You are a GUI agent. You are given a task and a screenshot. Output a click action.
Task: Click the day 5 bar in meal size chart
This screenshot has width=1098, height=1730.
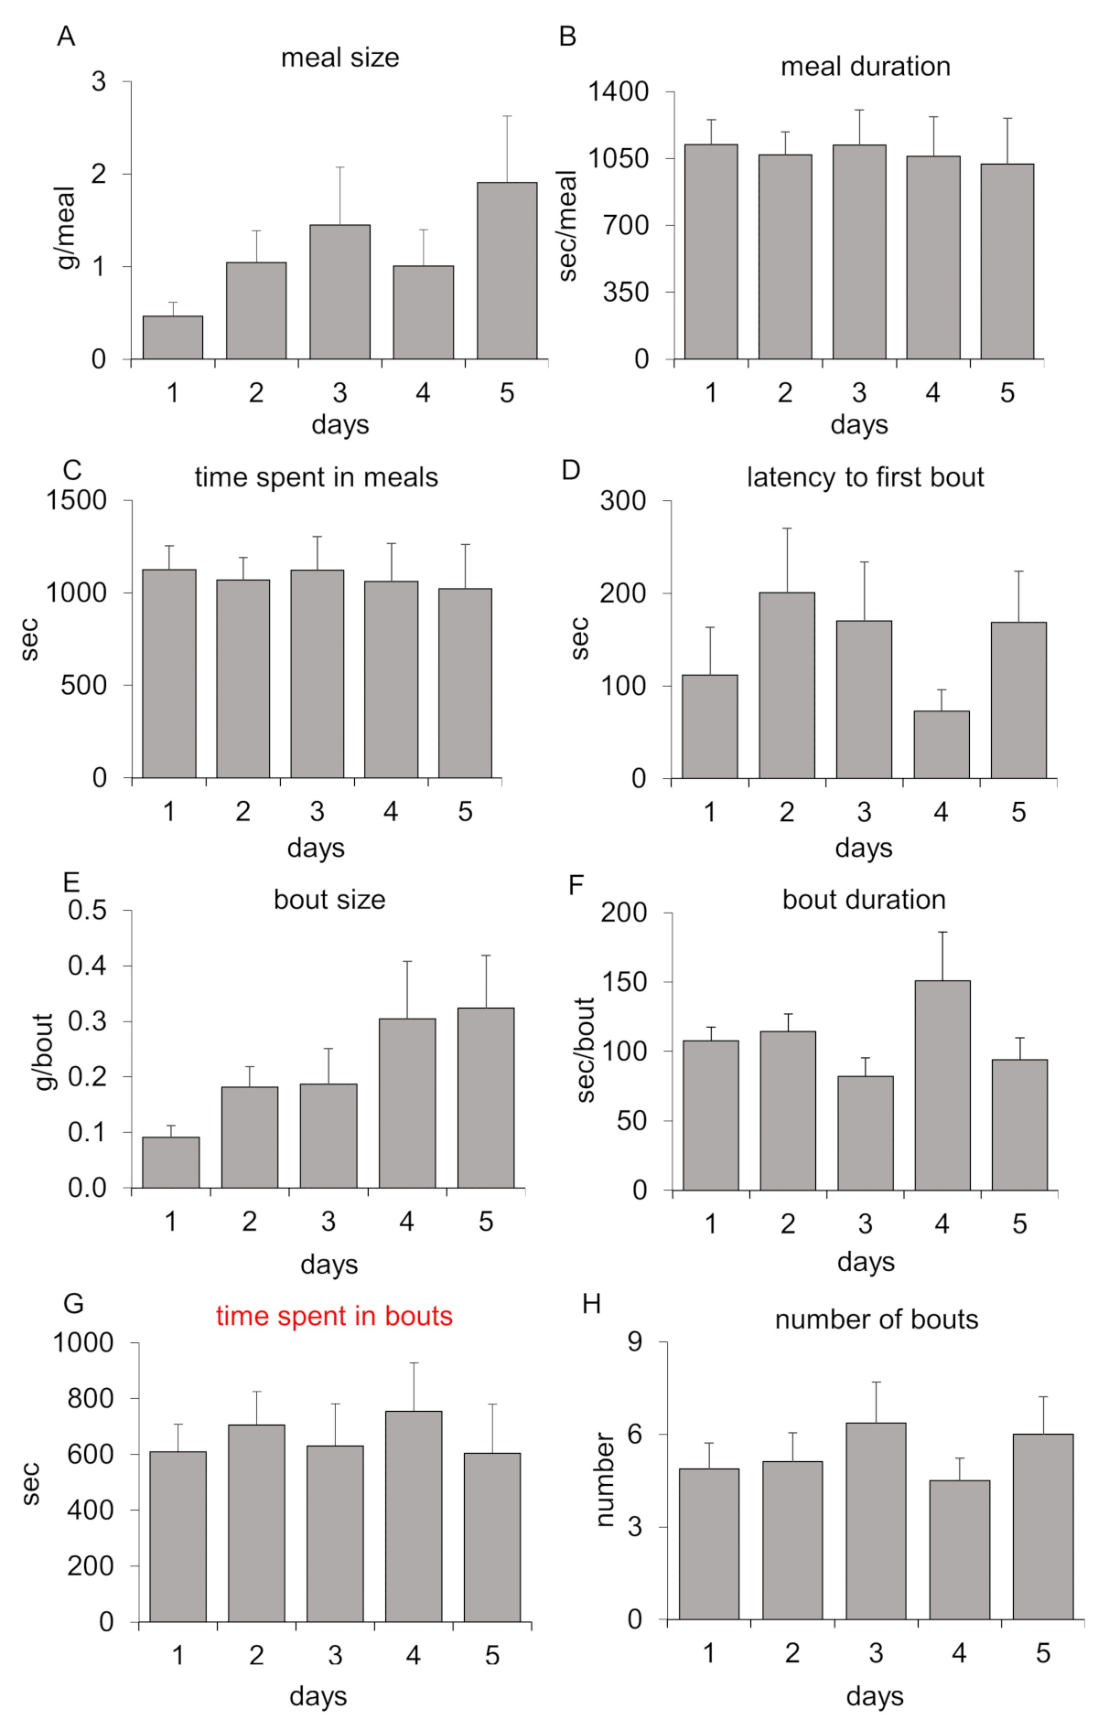(x=506, y=271)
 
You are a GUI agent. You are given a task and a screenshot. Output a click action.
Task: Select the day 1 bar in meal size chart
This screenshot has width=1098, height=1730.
(x=173, y=337)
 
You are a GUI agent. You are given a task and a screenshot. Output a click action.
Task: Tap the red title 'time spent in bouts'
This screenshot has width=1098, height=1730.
(x=334, y=1316)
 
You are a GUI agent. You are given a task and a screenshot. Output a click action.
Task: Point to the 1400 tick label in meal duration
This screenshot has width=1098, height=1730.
(x=619, y=91)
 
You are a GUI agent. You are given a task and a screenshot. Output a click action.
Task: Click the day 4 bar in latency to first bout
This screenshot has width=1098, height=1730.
(x=942, y=744)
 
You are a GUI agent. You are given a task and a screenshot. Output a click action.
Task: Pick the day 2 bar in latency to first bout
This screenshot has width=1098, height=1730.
(x=787, y=686)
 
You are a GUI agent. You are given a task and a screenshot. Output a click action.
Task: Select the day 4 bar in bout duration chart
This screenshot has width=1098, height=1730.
(x=942, y=1085)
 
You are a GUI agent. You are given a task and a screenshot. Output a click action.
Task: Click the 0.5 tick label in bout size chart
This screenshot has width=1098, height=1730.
(x=87, y=911)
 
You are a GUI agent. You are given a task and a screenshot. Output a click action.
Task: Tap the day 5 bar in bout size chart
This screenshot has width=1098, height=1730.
(x=486, y=1097)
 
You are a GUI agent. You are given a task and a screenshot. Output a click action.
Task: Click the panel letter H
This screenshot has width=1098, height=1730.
(x=592, y=1304)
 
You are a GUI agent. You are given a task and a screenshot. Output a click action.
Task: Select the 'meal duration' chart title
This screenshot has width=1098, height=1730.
(x=866, y=67)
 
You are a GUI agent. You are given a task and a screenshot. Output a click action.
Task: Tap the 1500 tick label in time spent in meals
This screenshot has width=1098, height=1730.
(x=77, y=500)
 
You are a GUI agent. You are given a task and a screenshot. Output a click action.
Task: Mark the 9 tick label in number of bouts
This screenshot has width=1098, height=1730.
(x=635, y=1342)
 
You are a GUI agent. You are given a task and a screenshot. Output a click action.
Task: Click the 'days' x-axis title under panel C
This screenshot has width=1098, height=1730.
(x=316, y=848)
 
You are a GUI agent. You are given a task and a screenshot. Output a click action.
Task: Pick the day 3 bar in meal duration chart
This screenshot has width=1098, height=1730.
(x=859, y=251)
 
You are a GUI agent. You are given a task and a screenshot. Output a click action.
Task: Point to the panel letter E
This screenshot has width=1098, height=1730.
(x=70, y=881)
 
